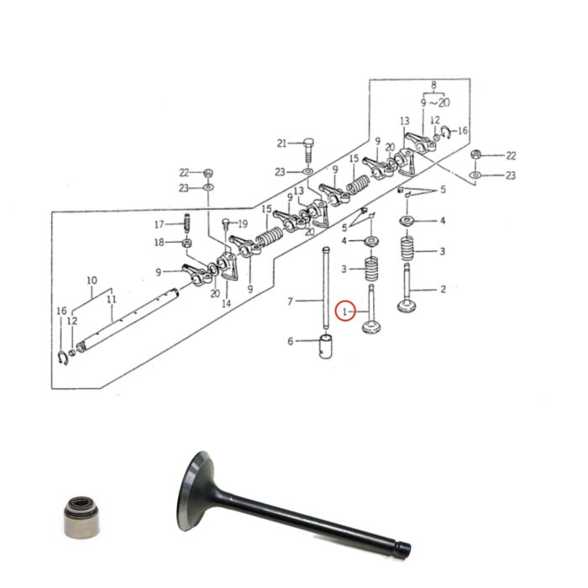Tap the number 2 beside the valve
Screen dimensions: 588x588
443,290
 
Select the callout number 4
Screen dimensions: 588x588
443,221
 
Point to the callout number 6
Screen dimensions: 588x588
291,341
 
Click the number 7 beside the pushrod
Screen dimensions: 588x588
290,301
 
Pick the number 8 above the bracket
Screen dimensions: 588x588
433,85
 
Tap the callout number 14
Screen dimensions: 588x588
225,305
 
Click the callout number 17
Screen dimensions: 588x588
158,224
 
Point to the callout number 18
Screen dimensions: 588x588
158,243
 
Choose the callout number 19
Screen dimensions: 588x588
244,223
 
